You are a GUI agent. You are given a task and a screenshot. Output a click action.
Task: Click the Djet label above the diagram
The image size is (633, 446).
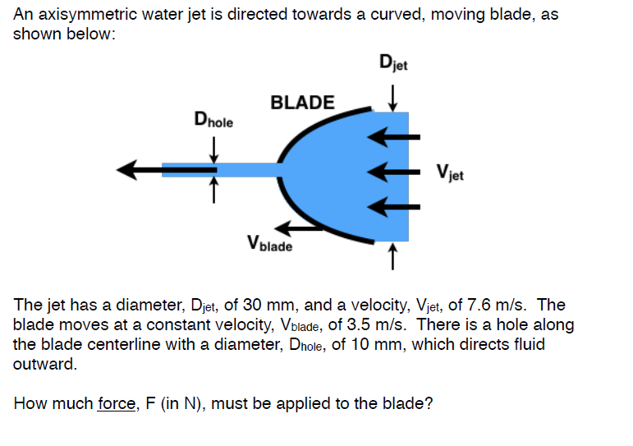click(398, 62)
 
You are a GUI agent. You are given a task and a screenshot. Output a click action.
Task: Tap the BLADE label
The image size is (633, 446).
click(302, 103)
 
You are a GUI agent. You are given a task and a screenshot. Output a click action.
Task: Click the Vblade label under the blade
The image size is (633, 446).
click(269, 244)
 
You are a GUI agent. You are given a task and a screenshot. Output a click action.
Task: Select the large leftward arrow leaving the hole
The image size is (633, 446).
click(140, 170)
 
